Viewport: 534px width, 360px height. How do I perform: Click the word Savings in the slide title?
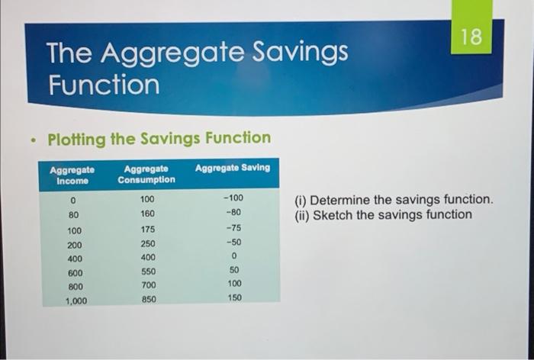(298, 53)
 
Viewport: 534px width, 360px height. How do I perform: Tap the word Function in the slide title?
(104, 84)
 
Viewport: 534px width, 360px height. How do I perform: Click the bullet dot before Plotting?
(31, 140)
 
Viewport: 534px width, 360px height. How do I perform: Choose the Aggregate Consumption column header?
(146, 174)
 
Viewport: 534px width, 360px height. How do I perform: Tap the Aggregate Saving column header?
(233, 168)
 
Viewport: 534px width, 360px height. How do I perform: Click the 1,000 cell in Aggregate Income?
(76, 301)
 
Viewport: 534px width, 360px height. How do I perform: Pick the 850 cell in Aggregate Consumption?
(148, 300)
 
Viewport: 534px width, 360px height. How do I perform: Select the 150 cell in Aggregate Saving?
(234, 298)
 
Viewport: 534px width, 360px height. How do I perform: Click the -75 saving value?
(234, 228)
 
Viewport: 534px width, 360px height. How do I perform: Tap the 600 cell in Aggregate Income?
(75, 272)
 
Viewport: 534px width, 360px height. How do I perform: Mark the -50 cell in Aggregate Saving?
(234, 243)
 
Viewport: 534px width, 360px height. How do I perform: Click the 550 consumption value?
(147, 272)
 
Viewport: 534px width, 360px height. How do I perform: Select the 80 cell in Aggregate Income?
(73, 215)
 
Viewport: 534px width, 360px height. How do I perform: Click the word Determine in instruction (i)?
(342, 200)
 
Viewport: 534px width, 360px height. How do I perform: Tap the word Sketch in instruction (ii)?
(334, 215)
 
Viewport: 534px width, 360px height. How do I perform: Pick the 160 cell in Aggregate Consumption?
(147, 214)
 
